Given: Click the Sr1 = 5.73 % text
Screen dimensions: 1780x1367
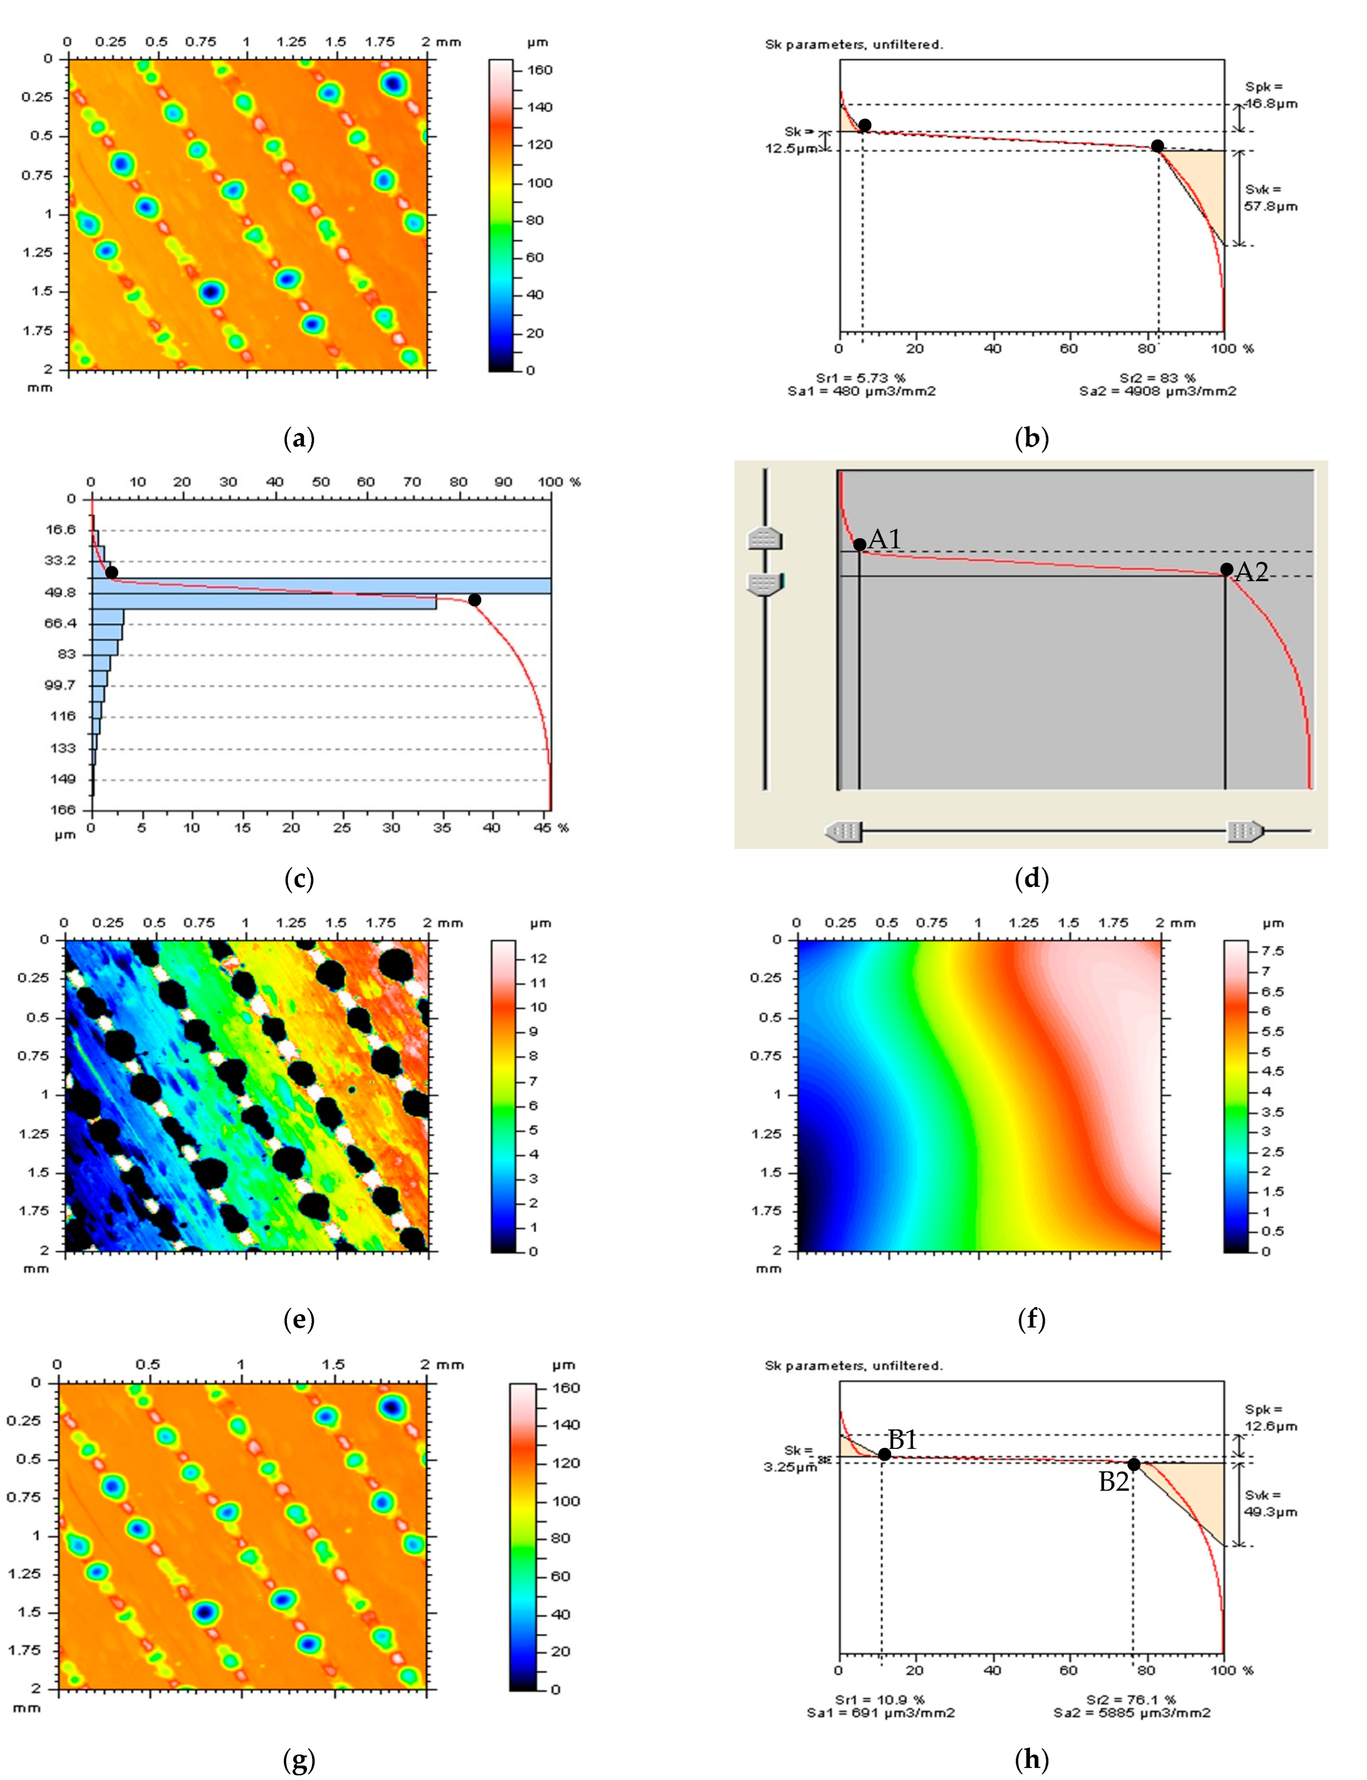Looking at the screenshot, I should tap(860, 377).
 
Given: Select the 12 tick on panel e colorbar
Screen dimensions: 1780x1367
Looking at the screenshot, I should tap(538, 958).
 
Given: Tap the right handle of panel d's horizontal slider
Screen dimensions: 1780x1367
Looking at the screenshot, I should tap(1245, 832).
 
